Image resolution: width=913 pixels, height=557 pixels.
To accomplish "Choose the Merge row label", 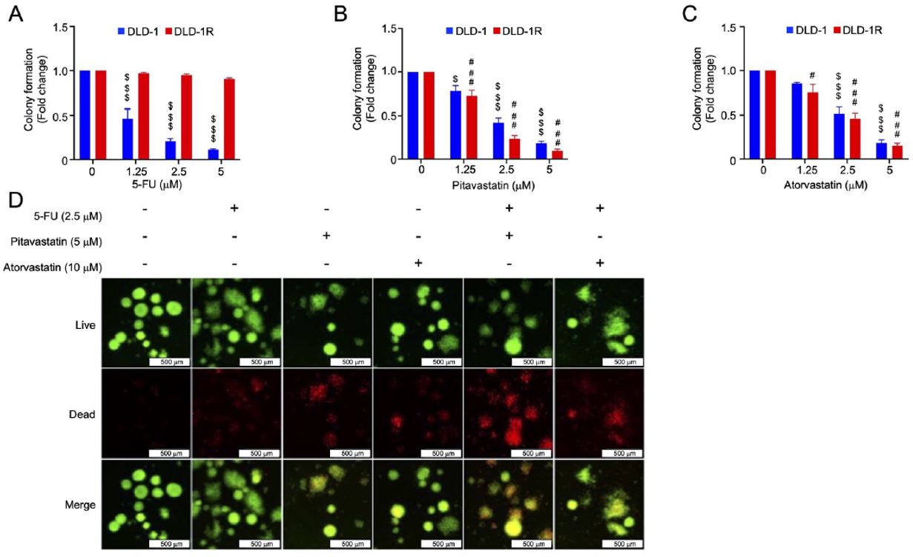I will (x=82, y=504).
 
